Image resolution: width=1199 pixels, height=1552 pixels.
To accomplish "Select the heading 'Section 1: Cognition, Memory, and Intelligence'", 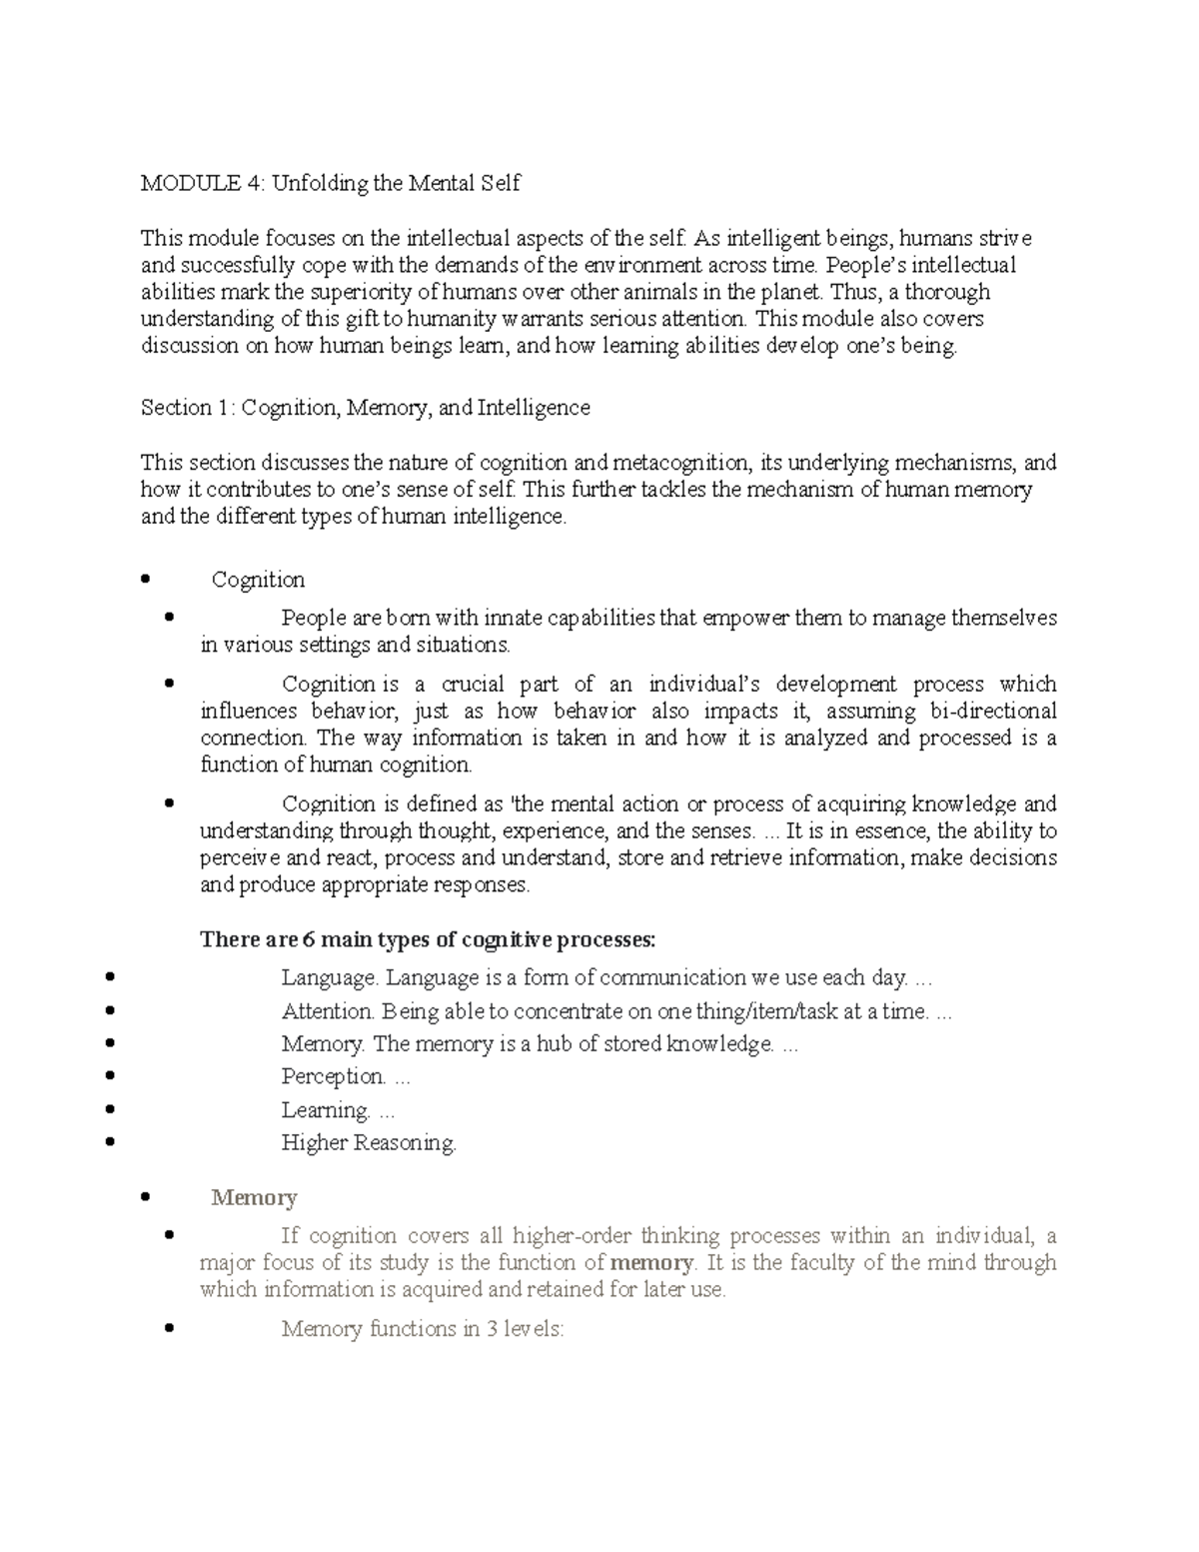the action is [x=365, y=408].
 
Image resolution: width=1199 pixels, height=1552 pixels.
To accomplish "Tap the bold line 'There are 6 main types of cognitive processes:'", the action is [x=428, y=939].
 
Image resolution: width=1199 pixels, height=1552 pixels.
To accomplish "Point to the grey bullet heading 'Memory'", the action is [x=254, y=1197].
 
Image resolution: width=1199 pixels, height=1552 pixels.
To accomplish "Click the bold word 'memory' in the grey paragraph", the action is [x=651, y=1263].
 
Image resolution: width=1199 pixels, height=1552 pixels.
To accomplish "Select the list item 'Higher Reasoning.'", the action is [x=369, y=1143].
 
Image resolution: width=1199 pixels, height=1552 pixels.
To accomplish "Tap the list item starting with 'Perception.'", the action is [x=346, y=1077].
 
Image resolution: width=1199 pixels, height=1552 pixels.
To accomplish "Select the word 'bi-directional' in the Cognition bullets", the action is [x=993, y=712].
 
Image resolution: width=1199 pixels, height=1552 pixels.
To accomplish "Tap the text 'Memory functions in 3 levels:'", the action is [x=423, y=1330].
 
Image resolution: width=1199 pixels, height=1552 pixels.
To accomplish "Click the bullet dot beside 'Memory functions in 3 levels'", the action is [x=168, y=1328].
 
